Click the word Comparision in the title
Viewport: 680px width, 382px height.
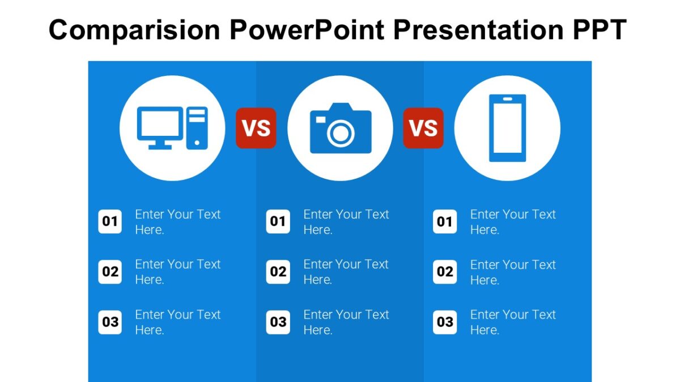[x=134, y=29]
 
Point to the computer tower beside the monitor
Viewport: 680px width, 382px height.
[x=197, y=128]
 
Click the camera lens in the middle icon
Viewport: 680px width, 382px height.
[x=341, y=134]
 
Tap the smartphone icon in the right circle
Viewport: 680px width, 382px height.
[x=507, y=128]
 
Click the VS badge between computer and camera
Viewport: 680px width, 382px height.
[x=256, y=128]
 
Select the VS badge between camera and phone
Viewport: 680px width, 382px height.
[x=423, y=128]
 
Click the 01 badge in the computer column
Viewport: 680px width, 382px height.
[x=110, y=221]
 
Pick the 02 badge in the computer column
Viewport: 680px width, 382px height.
[x=110, y=272]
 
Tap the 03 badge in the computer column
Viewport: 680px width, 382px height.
[x=110, y=322]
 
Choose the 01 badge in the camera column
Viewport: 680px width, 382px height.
[x=278, y=221]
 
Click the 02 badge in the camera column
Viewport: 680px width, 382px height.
[x=278, y=272]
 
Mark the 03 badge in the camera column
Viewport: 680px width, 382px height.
[x=278, y=322]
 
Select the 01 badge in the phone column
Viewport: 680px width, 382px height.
[x=445, y=221]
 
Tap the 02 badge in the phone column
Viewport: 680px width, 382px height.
[x=445, y=272]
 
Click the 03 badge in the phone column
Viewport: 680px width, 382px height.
[x=445, y=322]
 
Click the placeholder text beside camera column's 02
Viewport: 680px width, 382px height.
[x=346, y=272]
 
